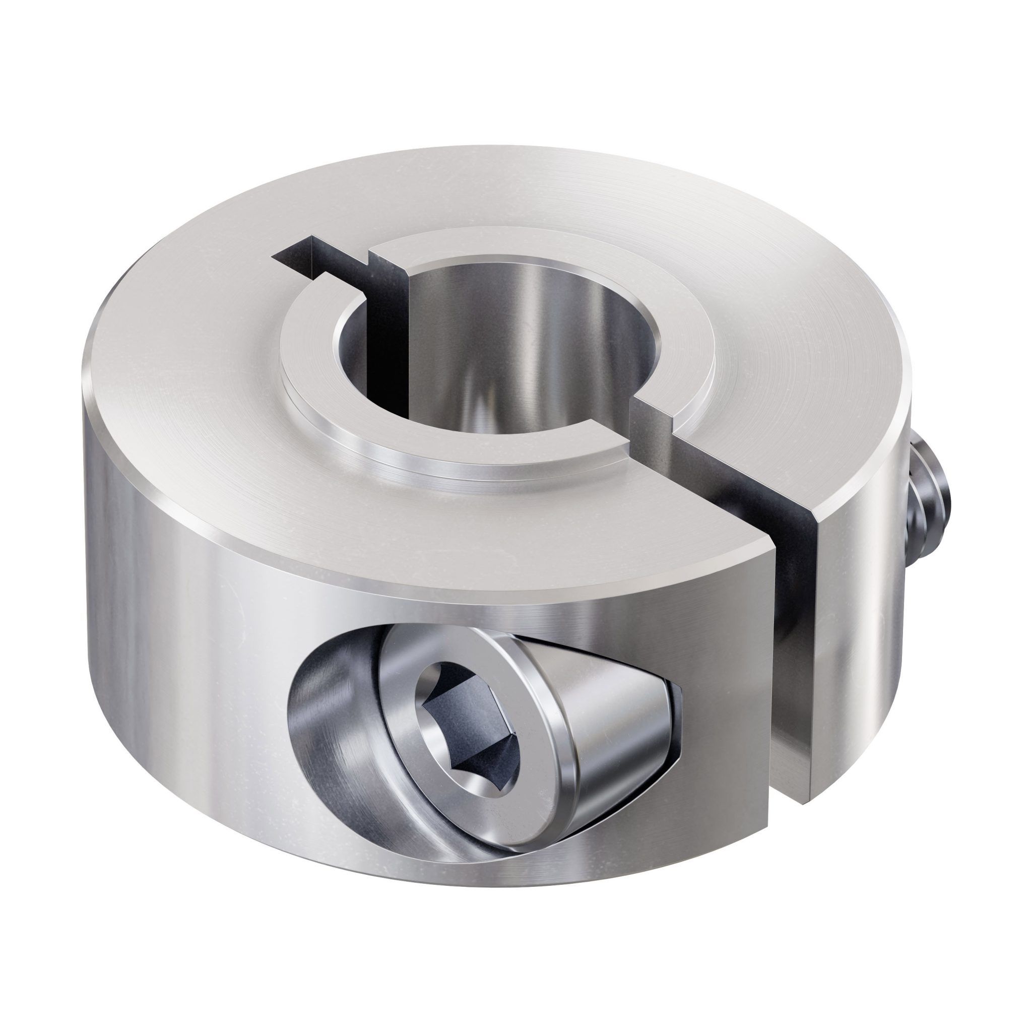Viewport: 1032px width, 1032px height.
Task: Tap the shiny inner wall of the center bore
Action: [513, 347]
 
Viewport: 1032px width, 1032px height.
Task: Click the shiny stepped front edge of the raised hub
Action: [454, 465]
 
